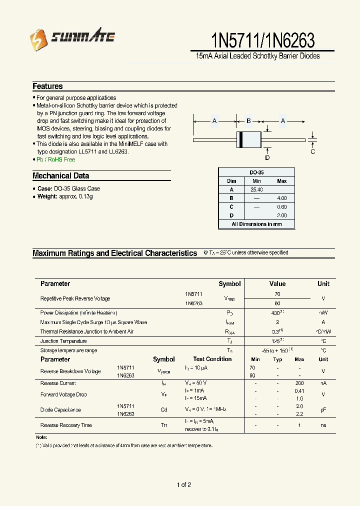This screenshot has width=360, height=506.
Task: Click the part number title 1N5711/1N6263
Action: tap(263, 39)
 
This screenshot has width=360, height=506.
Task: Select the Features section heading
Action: tap(47, 86)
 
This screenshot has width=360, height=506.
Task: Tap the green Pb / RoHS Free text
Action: tap(55, 159)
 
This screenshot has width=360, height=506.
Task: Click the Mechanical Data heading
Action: tap(60, 176)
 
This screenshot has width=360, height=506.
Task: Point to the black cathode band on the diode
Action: tap(240, 140)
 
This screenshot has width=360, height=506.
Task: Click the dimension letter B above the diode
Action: tap(248, 121)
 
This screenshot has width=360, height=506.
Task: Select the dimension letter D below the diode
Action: tap(267, 158)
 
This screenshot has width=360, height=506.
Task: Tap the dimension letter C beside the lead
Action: tap(313, 151)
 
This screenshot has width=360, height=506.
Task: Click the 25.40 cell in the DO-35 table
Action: tap(256, 190)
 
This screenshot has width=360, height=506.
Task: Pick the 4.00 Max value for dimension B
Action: tap(282, 198)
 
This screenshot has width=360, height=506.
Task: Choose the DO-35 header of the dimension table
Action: tap(256, 172)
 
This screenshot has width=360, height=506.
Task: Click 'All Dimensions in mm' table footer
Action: tap(256, 224)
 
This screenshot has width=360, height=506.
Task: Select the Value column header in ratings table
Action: tap(277, 283)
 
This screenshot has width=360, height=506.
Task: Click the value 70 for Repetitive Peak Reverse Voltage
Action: tap(277, 294)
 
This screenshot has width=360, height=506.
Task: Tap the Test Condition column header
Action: tap(212, 359)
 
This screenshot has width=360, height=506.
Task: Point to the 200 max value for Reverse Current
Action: tap(299, 383)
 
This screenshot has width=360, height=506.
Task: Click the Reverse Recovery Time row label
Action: tap(66, 425)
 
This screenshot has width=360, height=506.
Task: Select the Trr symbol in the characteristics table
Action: tap(164, 425)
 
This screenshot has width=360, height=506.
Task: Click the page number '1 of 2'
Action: tap(184, 484)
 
